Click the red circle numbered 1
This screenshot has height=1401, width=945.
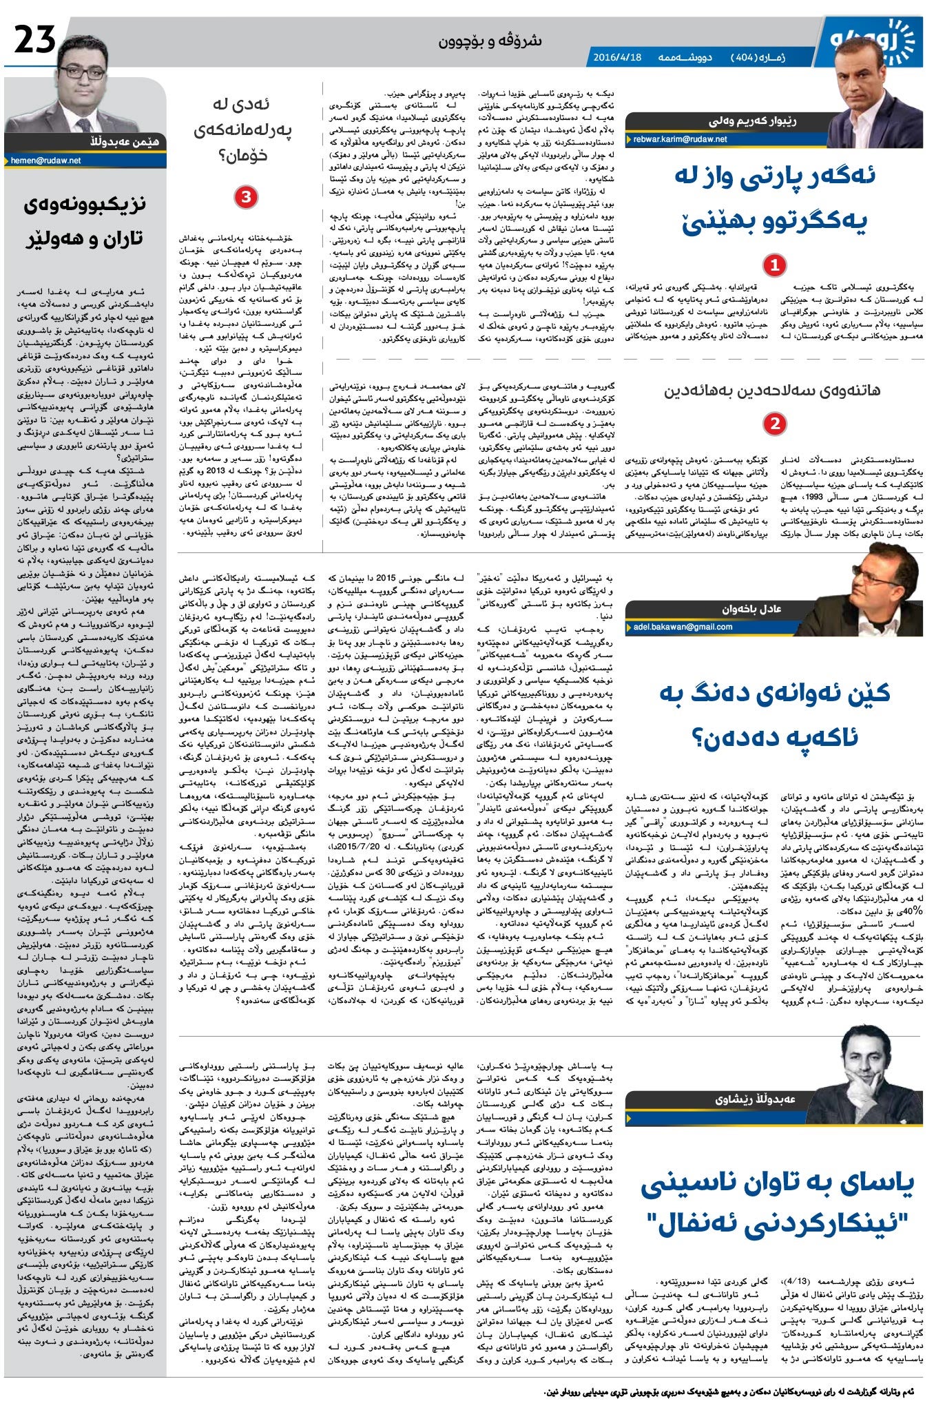[x=775, y=264]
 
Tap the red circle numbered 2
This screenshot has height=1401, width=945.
[x=775, y=424]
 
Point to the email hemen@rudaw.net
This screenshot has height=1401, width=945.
[x=46, y=160]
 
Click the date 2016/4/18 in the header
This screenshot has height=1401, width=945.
[x=617, y=57]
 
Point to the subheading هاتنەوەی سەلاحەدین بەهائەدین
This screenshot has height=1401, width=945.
[x=772, y=391]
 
